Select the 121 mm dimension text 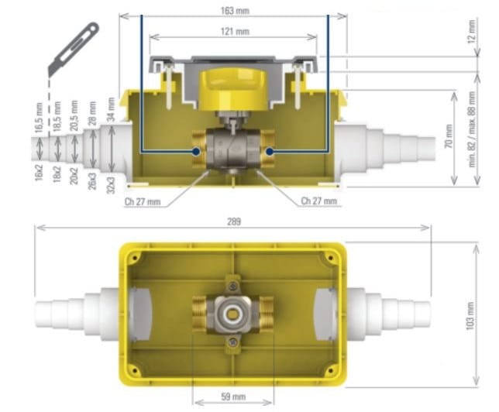[x=234, y=32]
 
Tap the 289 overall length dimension [x=234, y=221]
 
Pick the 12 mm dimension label [x=472, y=33]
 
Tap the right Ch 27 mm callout [x=319, y=201]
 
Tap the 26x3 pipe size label [x=94, y=183]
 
